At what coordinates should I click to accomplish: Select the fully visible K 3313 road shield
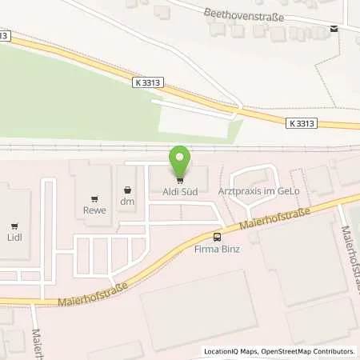click(300, 122)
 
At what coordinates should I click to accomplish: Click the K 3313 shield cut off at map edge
click(5, 35)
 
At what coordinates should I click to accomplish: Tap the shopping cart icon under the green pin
click(180, 178)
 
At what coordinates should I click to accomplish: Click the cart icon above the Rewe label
click(95, 199)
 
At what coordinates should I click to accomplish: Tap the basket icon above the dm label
click(127, 190)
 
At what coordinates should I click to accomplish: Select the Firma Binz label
click(217, 250)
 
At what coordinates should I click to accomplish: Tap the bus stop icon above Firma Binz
click(217, 237)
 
